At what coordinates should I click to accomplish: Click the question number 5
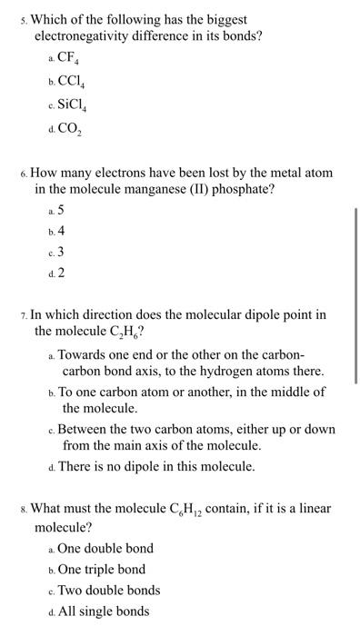[24, 19]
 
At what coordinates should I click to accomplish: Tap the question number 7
[24, 317]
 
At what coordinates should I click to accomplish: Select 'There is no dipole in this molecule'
[158, 467]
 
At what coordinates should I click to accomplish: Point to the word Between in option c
[87, 429]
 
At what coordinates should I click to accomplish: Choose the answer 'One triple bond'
[101, 570]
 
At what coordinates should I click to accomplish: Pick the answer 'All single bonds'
[104, 611]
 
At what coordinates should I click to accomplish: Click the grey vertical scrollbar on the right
[355, 309]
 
